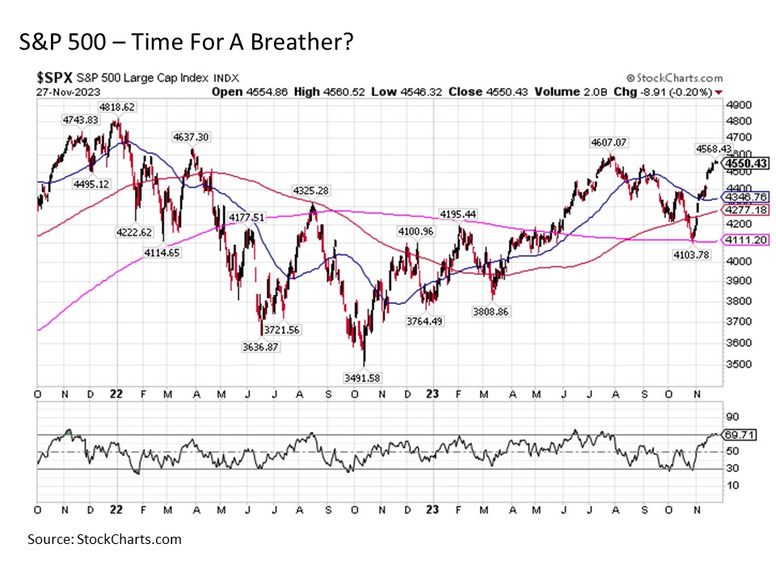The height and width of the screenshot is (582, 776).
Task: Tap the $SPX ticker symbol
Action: tap(55, 78)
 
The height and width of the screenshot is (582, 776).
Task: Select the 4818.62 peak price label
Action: tap(116, 106)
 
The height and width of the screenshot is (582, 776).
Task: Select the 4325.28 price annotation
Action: tap(310, 191)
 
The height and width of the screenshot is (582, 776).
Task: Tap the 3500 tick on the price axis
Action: tap(735, 364)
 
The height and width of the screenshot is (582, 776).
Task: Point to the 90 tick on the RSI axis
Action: tap(732, 417)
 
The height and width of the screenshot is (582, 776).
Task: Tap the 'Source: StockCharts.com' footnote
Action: tap(104, 539)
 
